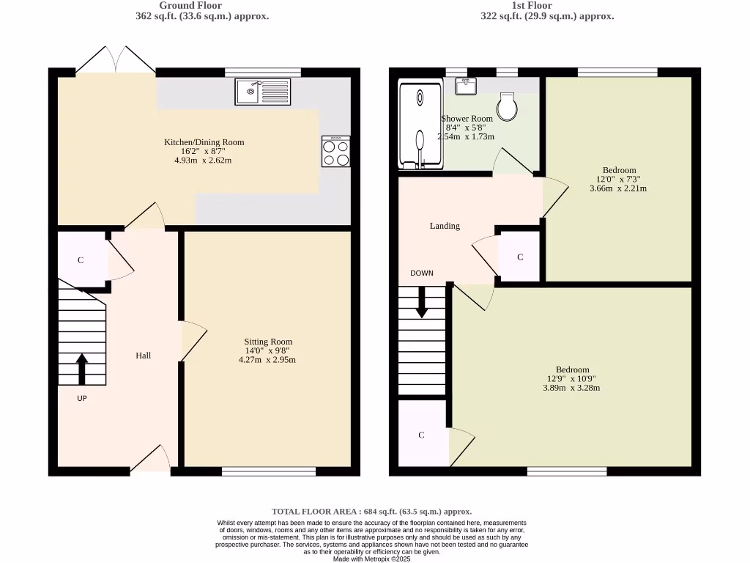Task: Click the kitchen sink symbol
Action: click(x=263, y=92)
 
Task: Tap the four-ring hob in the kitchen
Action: click(x=335, y=152)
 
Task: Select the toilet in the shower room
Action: click(x=507, y=106)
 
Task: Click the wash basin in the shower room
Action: click(x=466, y=86)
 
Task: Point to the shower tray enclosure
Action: click(x=420, y=124)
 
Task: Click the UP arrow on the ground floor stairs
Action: click(x=81, y=369)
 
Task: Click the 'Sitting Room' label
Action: click(x=268, y=342)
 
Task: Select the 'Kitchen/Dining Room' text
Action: click(x=204, y=142)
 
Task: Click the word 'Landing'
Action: click(x=445, y=226)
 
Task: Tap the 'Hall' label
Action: click(x=143, y=356)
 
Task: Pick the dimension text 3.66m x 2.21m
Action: click(x=618, y=188)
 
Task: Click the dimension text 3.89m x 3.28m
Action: click(x=572, y=388)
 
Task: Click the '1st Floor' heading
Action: click(x=546, y=5)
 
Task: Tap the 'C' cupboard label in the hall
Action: click(x=81, y=260)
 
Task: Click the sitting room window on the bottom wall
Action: click(x=269, y=471)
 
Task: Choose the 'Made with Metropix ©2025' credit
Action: click(x=372, y=559)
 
